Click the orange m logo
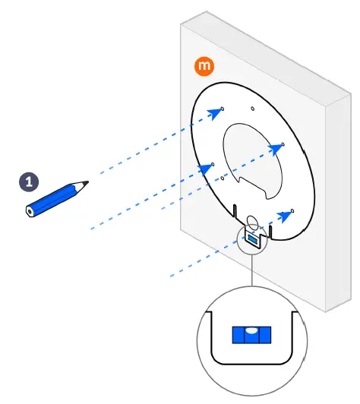pyautogui.click(x=204, y=67)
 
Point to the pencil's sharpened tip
pyautogui.click(x=87, y=181)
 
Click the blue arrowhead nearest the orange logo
pyautogui.click(x=217, y=112)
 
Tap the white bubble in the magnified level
pyautogui.click(x=248, y=330)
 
